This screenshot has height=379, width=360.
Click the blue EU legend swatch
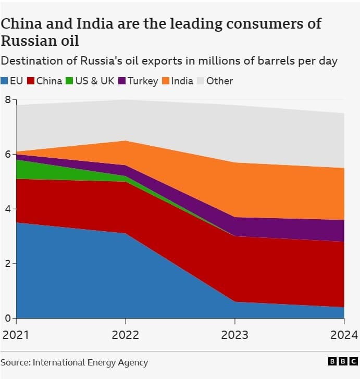[5, 81]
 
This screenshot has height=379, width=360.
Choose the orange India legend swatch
[166, 81]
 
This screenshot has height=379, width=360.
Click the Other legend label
[219, 81]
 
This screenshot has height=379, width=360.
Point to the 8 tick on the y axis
[7, 99]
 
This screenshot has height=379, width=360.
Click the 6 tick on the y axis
[7, 154]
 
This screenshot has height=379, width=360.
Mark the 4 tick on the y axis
[7, 209]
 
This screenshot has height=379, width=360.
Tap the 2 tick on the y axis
[7, 263]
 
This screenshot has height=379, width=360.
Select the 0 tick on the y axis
[7, 318]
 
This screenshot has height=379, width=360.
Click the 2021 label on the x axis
[15, 334]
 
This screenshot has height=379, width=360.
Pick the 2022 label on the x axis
[125, 334]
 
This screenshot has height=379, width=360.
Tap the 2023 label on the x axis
[234, 334]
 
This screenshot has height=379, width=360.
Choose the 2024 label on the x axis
[344, 334]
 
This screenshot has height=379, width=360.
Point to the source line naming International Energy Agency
[75, 362]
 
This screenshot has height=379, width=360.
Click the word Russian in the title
[29, 41]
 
